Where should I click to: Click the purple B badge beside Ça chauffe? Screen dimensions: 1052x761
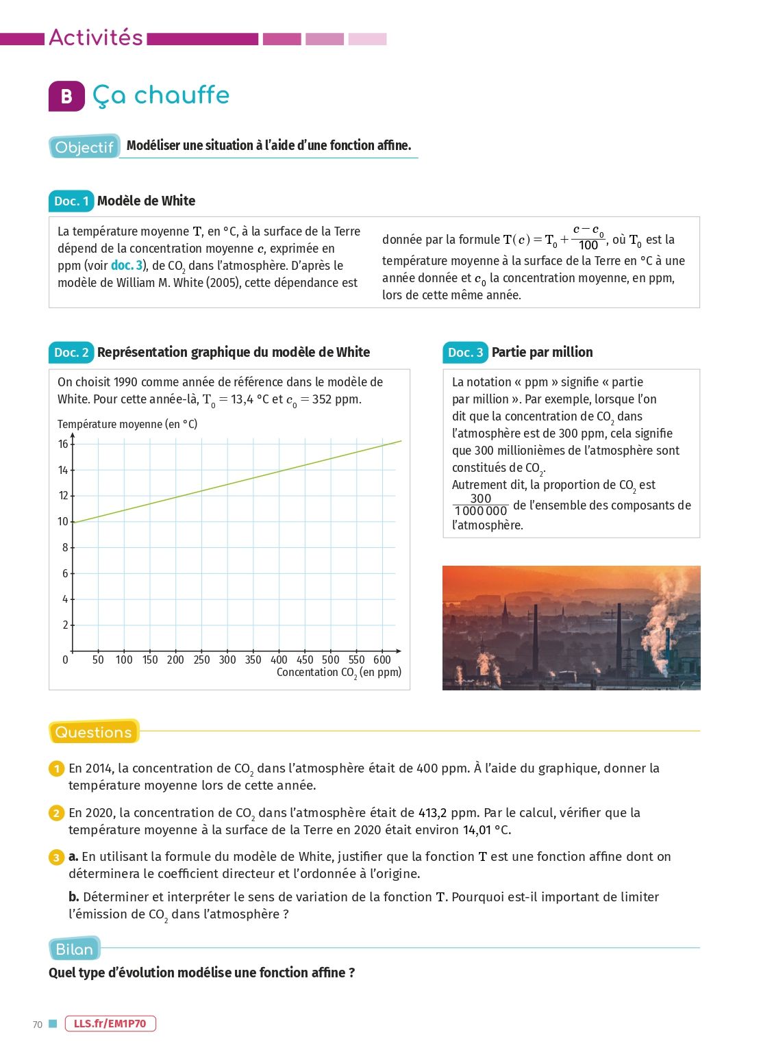[66, 96]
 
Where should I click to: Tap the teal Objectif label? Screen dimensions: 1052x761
[84, 147]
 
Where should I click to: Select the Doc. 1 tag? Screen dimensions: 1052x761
[71, 201]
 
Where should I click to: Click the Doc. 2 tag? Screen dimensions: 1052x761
[71, 352]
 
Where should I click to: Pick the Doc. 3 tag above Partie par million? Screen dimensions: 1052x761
[465, 352]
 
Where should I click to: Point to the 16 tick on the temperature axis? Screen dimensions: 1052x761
[63, 444]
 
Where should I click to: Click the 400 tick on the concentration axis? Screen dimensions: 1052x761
[279, 660]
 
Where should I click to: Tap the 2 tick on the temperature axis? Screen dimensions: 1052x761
[66, 625]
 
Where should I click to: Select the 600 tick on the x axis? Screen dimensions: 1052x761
[382, 660]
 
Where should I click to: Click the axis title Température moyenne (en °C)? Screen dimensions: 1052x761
[127, 424]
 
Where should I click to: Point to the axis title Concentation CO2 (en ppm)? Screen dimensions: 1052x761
[338, 673]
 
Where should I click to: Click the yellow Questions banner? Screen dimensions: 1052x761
[94, 731]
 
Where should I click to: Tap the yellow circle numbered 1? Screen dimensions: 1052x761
[56, 769]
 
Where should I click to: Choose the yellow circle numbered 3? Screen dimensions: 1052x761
[56, 857]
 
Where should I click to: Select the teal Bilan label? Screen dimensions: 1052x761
[75, 949]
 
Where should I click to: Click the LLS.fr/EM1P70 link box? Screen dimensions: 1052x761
[110, 1023]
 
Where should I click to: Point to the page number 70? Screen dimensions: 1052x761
[38, 1025]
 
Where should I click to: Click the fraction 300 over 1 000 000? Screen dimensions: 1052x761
[481, 505]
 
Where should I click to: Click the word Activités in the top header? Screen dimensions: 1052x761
[96, 37]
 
